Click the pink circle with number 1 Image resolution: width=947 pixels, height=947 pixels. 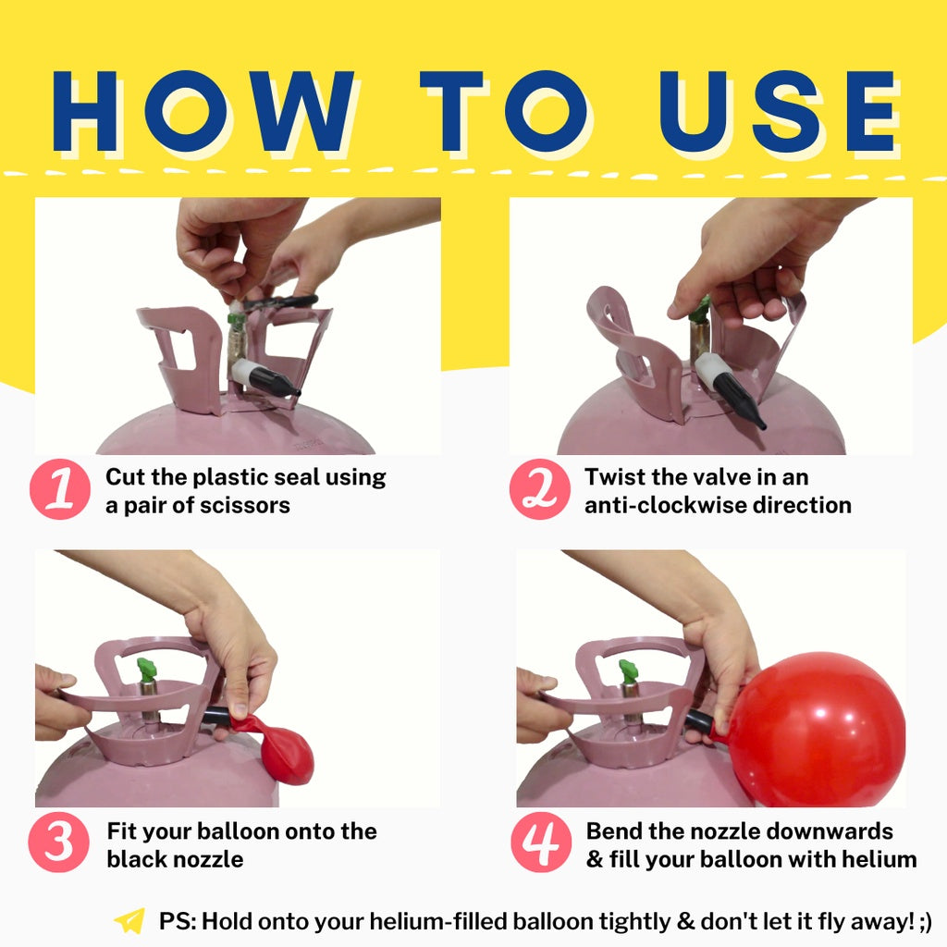click(60, 489)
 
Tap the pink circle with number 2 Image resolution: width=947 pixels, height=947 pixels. click(539, 489)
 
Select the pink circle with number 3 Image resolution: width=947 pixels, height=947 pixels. click(58, 842)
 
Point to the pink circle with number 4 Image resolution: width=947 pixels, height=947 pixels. click(540, 842)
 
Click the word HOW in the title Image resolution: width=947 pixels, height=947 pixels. click(203, 111)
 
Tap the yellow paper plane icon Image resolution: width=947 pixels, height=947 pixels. click(129, 922)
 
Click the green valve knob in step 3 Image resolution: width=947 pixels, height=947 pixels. click(147, 670)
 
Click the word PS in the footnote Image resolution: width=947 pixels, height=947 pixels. click(175, 922)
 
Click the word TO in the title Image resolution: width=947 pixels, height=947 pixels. click(504, 111)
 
